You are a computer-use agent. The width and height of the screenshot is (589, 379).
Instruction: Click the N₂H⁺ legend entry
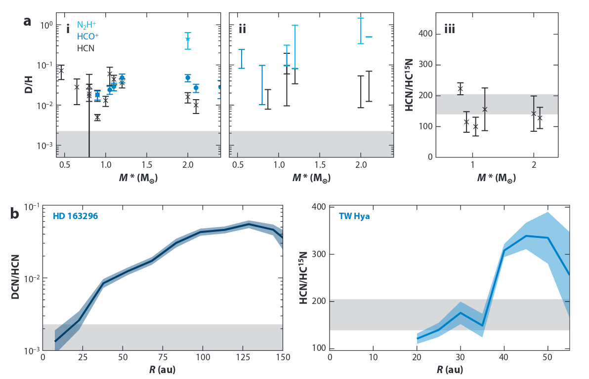[86, 25]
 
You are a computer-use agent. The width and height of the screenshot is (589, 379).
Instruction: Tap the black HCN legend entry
[85, 48]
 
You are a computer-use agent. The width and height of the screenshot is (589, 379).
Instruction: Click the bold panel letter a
[28, 21]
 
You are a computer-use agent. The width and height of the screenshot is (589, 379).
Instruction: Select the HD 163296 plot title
[75, 216]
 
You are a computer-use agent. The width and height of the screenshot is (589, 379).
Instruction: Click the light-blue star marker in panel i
[188, 39]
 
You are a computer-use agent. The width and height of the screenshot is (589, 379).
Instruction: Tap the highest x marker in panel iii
[460, 89]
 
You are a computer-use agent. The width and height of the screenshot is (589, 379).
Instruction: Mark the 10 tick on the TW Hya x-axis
[373, 357]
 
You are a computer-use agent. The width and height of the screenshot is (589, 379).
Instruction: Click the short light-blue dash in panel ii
[369, 37]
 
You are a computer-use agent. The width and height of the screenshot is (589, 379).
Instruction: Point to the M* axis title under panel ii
[311, 177]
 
